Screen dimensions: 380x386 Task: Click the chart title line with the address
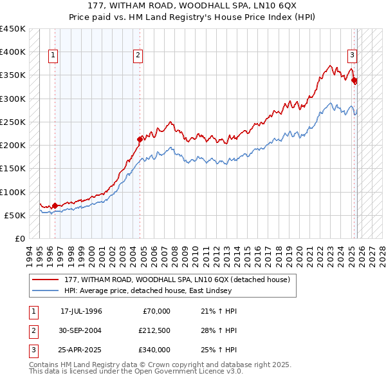click(x=193, y=6)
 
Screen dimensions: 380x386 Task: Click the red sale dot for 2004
click(x=140, y=138)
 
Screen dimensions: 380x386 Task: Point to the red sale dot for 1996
click(x=55, y=205)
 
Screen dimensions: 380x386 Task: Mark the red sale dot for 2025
click(x=354, y=81)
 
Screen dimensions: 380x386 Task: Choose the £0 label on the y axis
click(x=20, y=239)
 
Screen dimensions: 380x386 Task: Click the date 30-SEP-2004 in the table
click(x=81, y=330)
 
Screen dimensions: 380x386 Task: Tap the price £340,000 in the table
click(x=154, y=350)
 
